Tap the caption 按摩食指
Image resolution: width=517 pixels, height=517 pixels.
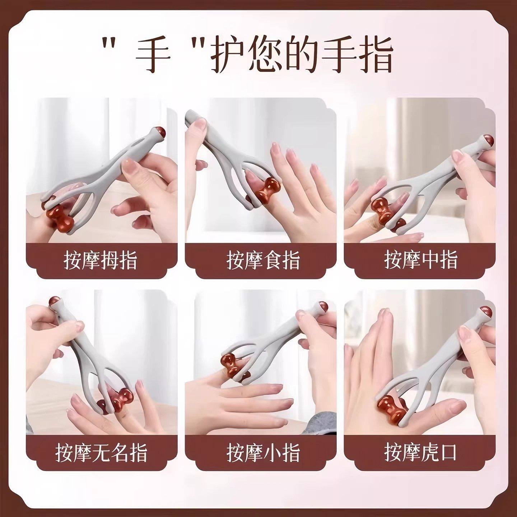[x=263, y=260]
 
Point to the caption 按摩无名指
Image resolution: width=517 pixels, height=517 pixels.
[x=101, y=452]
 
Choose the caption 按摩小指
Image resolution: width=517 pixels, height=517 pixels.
[x=263, y=452]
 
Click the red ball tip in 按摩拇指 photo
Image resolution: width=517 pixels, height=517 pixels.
[x=160, y=133]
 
